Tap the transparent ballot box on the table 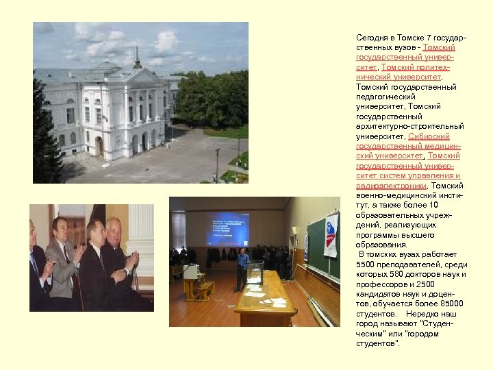coord(256,272)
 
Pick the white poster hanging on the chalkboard coord(331,235)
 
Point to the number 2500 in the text coord(426,284)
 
